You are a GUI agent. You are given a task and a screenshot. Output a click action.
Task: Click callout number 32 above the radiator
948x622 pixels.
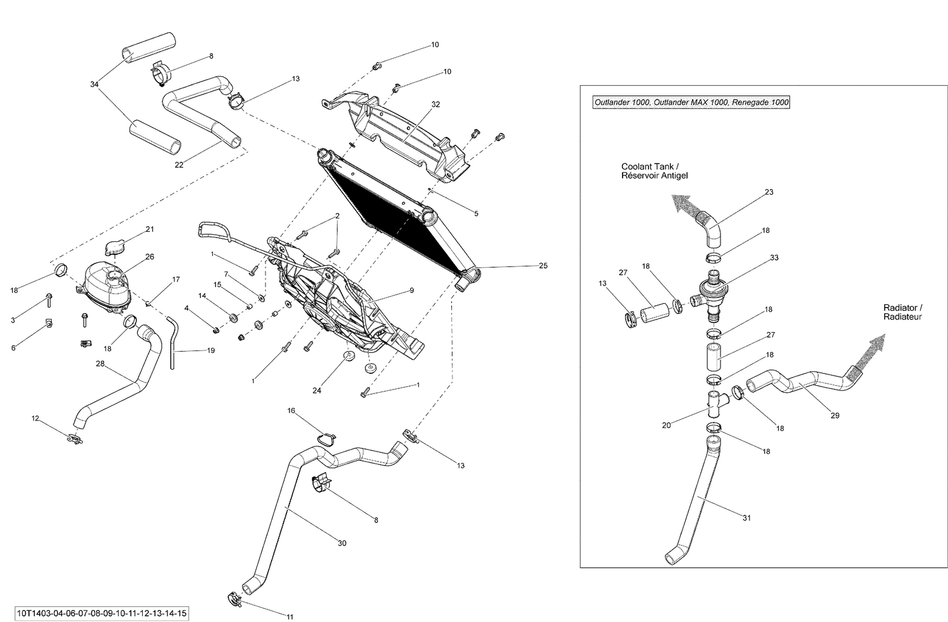(x=435, y=104)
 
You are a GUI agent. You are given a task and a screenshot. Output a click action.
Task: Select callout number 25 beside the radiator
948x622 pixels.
(x=543, y=266)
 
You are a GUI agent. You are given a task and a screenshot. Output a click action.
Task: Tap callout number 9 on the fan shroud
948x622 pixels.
(x=411, y=290)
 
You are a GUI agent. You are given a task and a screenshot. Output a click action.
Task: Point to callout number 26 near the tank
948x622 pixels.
(x=149, y=257)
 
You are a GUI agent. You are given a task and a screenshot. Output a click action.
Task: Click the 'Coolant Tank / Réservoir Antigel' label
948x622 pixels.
(x=653, y=170)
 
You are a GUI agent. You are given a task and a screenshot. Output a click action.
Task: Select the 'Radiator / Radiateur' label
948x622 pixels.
(x=903, y=312)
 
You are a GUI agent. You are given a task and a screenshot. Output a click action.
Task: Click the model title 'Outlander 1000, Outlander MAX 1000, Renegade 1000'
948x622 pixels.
(x=691, y=103)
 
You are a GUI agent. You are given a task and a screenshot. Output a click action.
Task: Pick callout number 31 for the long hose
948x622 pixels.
(x=746, y=518)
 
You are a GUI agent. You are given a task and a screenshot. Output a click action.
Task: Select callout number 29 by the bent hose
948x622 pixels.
(x=835, y=416)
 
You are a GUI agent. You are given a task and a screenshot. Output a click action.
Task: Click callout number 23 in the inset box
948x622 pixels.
(x=769, y=192)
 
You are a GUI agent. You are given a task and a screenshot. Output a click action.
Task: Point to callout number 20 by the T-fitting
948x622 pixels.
(x=666, y=425)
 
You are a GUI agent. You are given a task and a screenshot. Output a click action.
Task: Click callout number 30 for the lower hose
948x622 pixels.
(x=342, y=543)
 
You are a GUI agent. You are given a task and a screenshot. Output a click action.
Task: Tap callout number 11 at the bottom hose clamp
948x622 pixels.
(x=290, y=617)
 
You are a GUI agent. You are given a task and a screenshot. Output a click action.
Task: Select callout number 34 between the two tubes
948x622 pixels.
(x=95, y=84)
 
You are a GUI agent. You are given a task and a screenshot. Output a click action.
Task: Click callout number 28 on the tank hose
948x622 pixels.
(x=99, y=364)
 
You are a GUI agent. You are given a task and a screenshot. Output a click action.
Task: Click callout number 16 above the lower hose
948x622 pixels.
(x=291, y=410)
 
